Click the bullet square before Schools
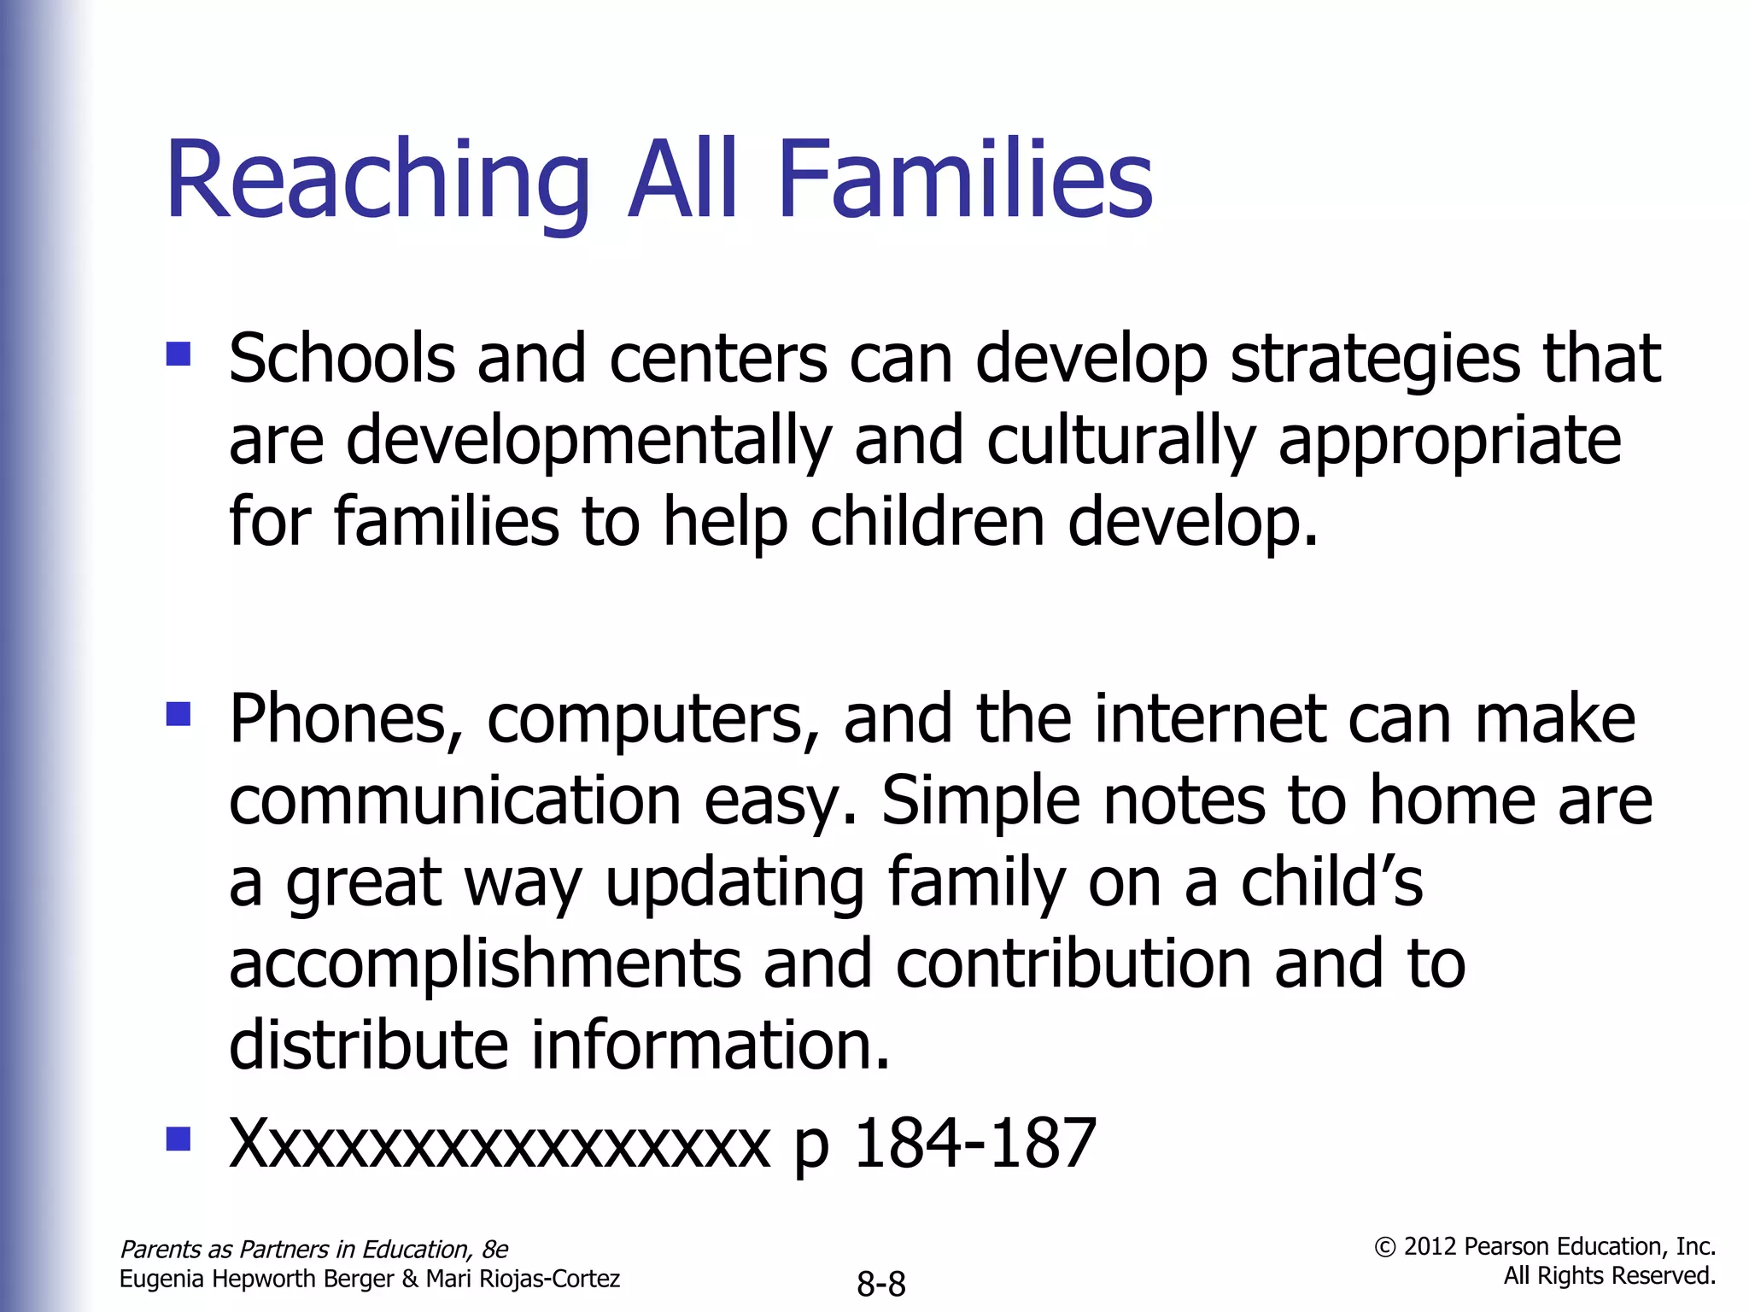coord(178,354)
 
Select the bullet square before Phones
coord(178,713)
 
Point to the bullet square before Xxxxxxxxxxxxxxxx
coord(178,1139)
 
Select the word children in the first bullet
coord(927,522)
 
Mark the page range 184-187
coord(974,1144)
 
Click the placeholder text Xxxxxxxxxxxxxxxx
coord(500,1144)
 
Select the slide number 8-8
coord(880,1284)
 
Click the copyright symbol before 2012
coord(1384,1248)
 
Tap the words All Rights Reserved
coord(1609,1276)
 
